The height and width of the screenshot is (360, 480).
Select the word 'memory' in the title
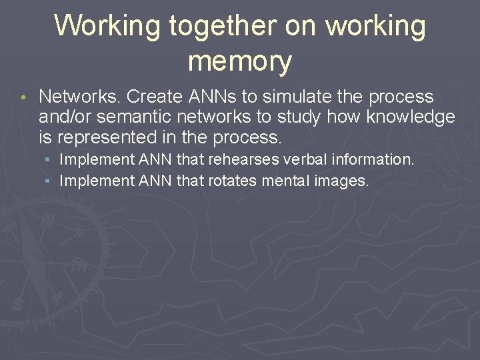point(239,61)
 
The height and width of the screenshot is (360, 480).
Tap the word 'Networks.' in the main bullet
point(80,97)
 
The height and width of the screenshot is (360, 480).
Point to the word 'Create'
point(154,97)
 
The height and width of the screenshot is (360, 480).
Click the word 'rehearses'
point(241,160)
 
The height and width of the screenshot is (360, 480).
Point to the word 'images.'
point(343,180)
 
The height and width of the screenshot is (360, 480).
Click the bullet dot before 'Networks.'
point(22,97)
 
